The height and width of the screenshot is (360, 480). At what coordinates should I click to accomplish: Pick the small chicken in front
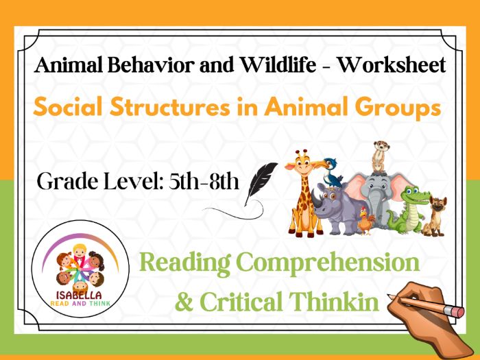[x=367, y=221]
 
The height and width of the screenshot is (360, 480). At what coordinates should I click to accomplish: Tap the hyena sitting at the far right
[x=435, y=214]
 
